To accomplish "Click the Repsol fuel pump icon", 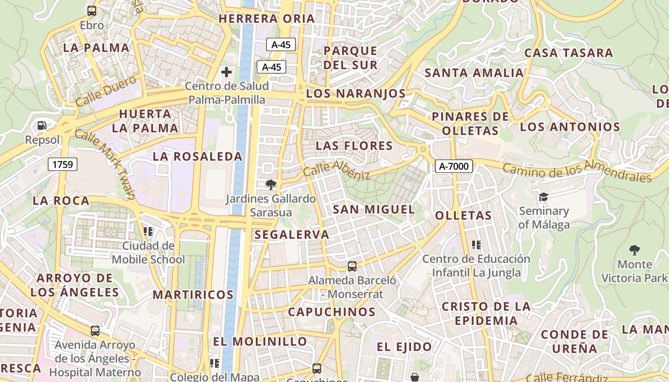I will tap(42, 126).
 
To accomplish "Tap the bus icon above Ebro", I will tap(91, 11).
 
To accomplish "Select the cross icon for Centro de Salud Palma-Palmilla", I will tap(227, 72).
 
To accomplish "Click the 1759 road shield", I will tap(63, 165).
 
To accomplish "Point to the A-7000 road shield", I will tap(454, 166).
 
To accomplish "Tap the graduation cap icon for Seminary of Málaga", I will tap(543, 197).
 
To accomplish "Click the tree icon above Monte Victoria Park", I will tap(634, 250).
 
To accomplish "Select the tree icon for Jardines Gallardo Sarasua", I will tap(270, 184).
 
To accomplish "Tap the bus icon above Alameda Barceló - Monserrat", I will tap(352, 266).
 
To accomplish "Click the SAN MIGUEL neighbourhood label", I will tap(374, 209).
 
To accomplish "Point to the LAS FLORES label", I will tap(354, 146).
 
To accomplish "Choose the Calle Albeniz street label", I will tap(336, 170).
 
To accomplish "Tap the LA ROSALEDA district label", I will tap(198, 156).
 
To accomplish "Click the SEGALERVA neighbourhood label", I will tap(292, 234).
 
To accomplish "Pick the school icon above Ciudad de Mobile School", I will tap(148, 232).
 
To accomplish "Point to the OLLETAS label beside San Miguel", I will tap(463, 215).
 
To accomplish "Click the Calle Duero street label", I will tap(106, 92).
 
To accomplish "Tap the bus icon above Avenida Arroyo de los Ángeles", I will tap(95, 330).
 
